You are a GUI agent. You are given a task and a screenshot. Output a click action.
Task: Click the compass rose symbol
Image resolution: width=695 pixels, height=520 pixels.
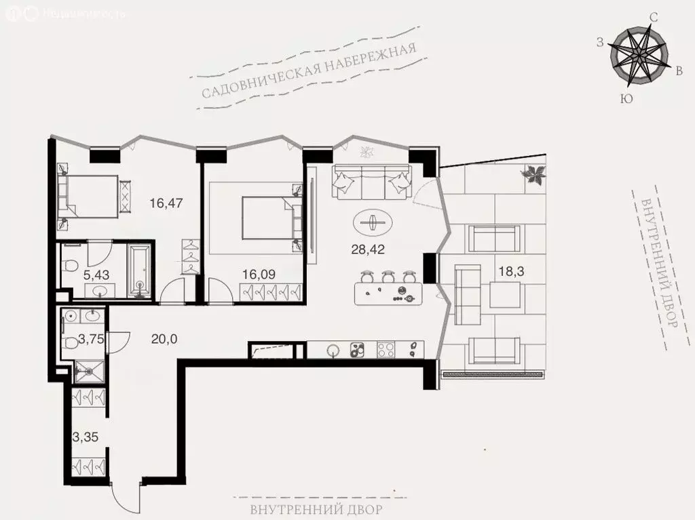639,57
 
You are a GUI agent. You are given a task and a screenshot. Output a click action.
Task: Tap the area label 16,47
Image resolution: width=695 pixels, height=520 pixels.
166,203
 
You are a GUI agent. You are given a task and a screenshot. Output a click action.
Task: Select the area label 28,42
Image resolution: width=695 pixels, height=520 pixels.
368,249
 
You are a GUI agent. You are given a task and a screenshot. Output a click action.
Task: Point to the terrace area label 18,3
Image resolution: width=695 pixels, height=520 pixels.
511,271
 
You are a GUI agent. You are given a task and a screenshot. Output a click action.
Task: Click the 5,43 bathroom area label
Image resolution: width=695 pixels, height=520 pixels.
96,275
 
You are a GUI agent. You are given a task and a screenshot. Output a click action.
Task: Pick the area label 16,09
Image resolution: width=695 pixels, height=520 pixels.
259,274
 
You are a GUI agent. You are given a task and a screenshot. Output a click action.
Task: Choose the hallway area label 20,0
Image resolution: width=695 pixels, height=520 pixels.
164,339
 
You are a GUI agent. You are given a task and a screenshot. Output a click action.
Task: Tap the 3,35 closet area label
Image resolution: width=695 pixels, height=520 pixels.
86,437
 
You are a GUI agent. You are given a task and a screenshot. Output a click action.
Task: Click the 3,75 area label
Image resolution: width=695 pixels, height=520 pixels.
92,339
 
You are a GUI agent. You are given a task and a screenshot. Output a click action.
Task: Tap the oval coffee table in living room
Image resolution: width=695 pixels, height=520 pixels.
373,222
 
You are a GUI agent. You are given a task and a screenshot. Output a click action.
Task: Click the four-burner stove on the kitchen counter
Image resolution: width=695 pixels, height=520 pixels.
386,349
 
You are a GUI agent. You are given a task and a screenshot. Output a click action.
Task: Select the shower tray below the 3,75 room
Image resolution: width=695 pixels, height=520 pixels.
90,371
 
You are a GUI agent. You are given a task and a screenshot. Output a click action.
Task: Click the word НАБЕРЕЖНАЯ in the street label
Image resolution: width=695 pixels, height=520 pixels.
370,59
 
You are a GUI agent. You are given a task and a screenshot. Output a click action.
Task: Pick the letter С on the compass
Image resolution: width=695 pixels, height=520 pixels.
653,17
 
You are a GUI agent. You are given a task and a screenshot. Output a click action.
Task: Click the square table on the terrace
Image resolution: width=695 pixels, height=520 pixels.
505,295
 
